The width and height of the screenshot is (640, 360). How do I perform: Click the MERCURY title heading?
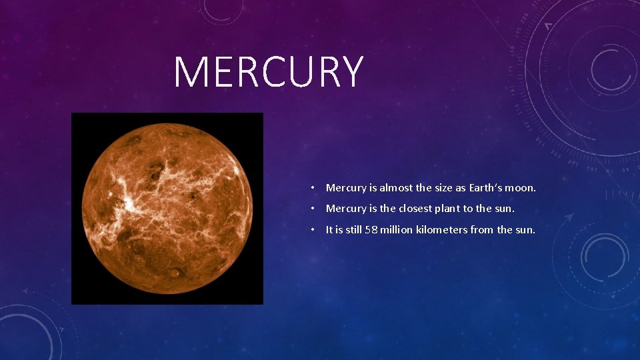[269, 72]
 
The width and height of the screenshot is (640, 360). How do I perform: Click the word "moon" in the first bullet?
[520, 188]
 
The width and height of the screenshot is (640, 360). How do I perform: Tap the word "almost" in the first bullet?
[395, 188]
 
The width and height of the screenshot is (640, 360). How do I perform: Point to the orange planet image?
[167, 208]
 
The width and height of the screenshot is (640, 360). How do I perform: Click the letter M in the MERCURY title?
[189, 72]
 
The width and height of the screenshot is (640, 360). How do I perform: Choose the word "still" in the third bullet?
[353, 230]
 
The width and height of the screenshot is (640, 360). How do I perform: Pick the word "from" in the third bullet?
[481, 230]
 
